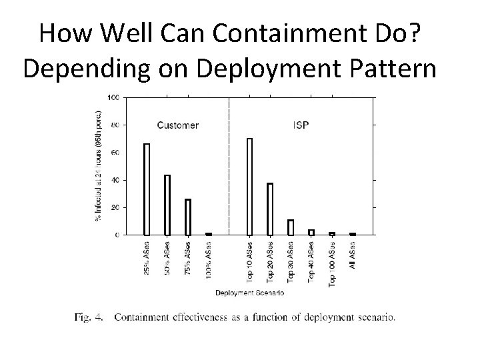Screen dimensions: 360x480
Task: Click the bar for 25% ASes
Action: pos(147,189)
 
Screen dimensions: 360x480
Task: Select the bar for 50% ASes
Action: pos(167,205)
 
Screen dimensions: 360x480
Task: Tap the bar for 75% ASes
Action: pos(188,217)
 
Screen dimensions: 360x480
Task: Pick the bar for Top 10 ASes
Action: pos(249,187)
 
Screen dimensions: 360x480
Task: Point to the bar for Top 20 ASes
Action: pos(270,209)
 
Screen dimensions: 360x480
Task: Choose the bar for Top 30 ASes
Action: pos(291,227)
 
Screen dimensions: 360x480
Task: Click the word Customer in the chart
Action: pos(177,125)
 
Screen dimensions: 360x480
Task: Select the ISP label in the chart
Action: pos(301,125)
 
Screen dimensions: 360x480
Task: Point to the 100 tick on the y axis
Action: pos(113,97)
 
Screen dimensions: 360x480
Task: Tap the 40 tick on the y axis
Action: pos(115,180)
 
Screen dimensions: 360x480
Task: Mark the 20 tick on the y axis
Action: pos(115,207)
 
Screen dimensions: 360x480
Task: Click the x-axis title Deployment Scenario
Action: pos(249,293)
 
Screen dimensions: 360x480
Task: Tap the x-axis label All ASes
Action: pos(353,255)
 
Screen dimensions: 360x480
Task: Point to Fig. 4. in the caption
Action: pos(89,317)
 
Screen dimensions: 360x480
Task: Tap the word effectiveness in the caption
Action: pos(199,317)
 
